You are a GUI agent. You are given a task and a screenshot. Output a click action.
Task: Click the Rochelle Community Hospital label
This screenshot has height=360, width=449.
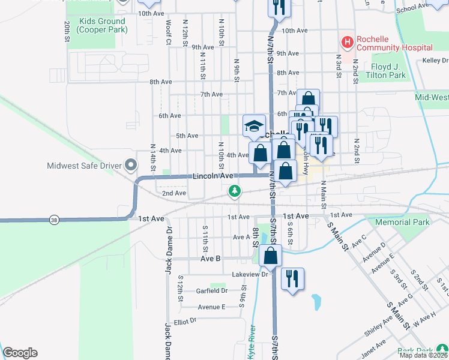pos(394,43)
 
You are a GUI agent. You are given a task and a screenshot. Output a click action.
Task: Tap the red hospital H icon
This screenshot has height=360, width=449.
pos(346,43)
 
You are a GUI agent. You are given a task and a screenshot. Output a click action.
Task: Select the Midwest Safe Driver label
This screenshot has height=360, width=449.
pos(84,165)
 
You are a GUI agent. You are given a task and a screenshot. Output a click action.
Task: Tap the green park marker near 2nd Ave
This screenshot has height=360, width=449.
pos(235,191)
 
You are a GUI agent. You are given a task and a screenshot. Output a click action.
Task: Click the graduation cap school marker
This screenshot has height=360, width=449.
pos(254,126)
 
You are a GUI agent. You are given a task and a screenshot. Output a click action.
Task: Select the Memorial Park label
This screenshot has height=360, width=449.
pos(402,222)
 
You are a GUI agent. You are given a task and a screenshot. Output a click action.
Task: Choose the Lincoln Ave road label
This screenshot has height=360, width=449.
pos(212,176)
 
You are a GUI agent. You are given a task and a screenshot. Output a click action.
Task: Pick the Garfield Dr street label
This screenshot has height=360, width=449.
pos(212,290)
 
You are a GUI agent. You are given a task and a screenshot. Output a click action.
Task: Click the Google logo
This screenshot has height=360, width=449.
pos(20,353)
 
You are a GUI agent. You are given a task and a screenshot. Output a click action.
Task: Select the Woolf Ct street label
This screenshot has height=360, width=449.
pos(169,28)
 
